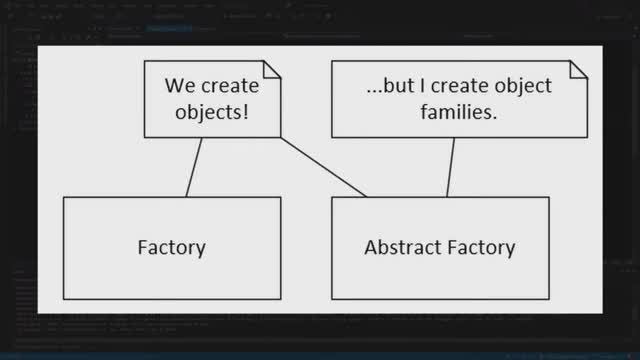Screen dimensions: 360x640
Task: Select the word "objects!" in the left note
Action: click(x=212, y=112)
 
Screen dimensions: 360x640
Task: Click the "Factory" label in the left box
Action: click(x=171, y=247)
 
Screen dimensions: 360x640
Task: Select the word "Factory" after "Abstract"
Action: click(x=481, y=247)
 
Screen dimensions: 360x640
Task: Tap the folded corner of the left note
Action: click(x=270, y=70)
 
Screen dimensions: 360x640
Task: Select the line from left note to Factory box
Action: click(x=193, y=167)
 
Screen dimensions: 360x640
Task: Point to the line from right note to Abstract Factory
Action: click(x=451, y=167)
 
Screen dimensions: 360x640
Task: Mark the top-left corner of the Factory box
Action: click(x=64, y=197)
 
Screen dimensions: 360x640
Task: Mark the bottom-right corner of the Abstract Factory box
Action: click(x=549, y=298)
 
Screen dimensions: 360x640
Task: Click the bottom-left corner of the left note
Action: click(x=144, y=137)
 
